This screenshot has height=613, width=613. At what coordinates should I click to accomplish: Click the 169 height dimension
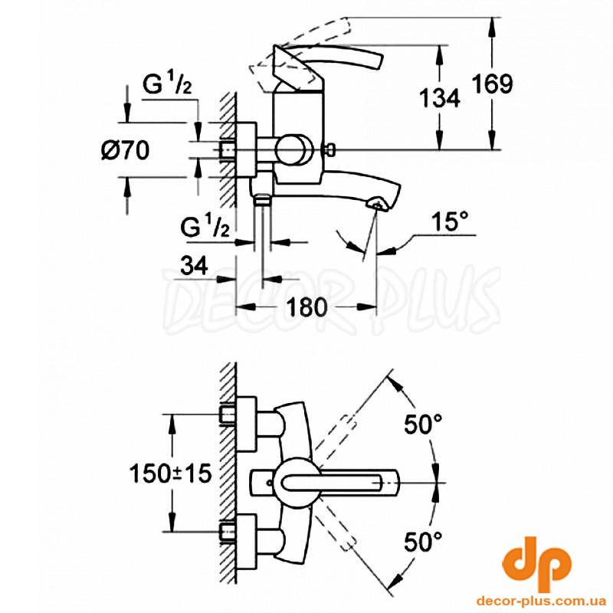492,84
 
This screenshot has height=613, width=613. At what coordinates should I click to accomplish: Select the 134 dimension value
439,98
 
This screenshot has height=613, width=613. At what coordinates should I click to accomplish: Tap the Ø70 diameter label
125,150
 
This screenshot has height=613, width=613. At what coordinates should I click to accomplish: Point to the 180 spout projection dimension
306,307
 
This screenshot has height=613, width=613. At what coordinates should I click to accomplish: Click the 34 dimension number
194,266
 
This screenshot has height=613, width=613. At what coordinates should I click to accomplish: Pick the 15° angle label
450,221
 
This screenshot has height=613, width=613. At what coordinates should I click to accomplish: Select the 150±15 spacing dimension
170,473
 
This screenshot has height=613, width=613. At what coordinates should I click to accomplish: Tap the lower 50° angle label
423,542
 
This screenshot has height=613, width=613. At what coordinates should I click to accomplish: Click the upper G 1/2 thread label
167,84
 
